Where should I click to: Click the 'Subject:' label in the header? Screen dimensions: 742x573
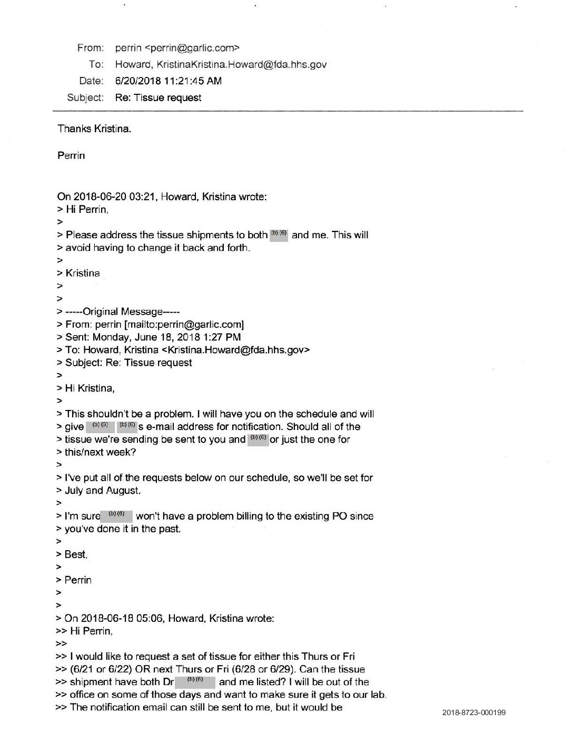pyautogui.click(x=85, y=97)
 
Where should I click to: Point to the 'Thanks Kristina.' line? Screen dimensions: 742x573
pyautogui.click(x=94, y=129)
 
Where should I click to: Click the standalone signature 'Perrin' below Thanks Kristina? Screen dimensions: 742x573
pyautogui.click(x=71, y=156)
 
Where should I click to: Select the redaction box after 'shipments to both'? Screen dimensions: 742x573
pyautogui.click(x=279, y=235)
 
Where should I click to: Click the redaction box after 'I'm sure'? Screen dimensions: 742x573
pyautogui.click(x=116, y=516)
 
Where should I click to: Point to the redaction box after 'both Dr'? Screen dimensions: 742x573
pyautogui.click(x=195, y=682)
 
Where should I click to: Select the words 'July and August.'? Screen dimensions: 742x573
pyautogui.click(x=103, y=491)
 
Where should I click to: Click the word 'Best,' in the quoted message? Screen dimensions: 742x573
pyautogui.click(x=76, y=554)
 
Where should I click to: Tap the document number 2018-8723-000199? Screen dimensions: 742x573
pyautogui.click(x=474, y=712)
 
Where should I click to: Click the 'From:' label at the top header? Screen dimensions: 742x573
pyautogui.click(x=90, y=48)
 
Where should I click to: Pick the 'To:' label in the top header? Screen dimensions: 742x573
pyautogui.click(x=96, y=64)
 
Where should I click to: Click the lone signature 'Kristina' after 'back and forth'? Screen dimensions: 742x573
pyautogui.click(x=82, y=274)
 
